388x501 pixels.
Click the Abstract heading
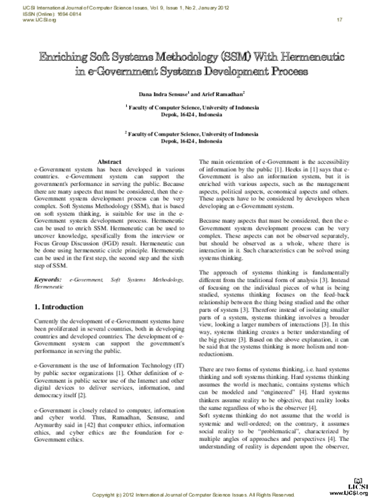pos(108,161)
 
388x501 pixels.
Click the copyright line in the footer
pos(193,495)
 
